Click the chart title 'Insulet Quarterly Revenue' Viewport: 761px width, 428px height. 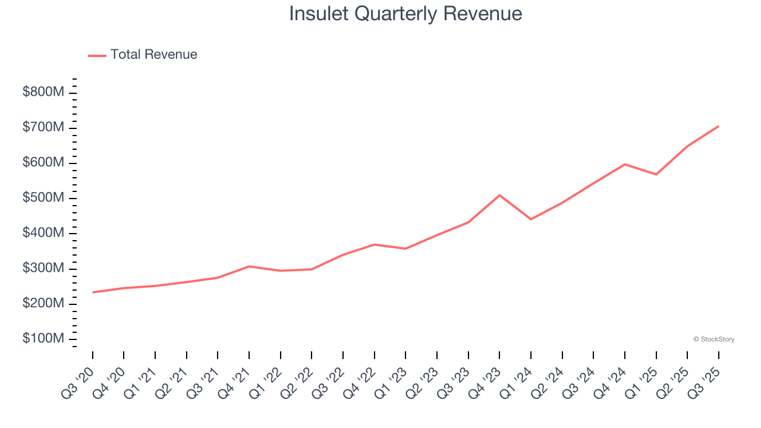pyautogui.click(x=405, y=13)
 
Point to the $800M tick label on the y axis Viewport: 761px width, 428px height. pyautogui.click(x=43, y=93)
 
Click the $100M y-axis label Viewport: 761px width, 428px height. pyautogui.click(x=43, y=339)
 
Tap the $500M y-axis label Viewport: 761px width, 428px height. pyautogui.click(x=43, y=198)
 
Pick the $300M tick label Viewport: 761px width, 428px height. pyautogui.click(x=43, y=269)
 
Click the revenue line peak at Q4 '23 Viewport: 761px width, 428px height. pyautogui.click(x=499, y=195)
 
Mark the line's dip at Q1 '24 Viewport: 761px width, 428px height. pyautogui.click(x=531, y=219)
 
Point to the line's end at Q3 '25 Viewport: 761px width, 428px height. pyautogui.click(x=718, y=126)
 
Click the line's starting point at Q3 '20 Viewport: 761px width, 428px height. pyautogui.click(x=93, y=292)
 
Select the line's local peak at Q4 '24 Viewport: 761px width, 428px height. pyautogui.click(x=624, y=164)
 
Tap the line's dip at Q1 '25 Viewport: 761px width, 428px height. pyautogui.click(x=656, y=174)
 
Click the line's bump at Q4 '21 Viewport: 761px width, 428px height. pyautogui.click(x=249, y=266)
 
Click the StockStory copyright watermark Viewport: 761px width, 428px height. pyautogui.click(x=713, y=339)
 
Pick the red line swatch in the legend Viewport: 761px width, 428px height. pyautogui.click(x=97, y=55)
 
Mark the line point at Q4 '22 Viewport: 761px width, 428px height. pyautogui.click(x=375, y=244)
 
